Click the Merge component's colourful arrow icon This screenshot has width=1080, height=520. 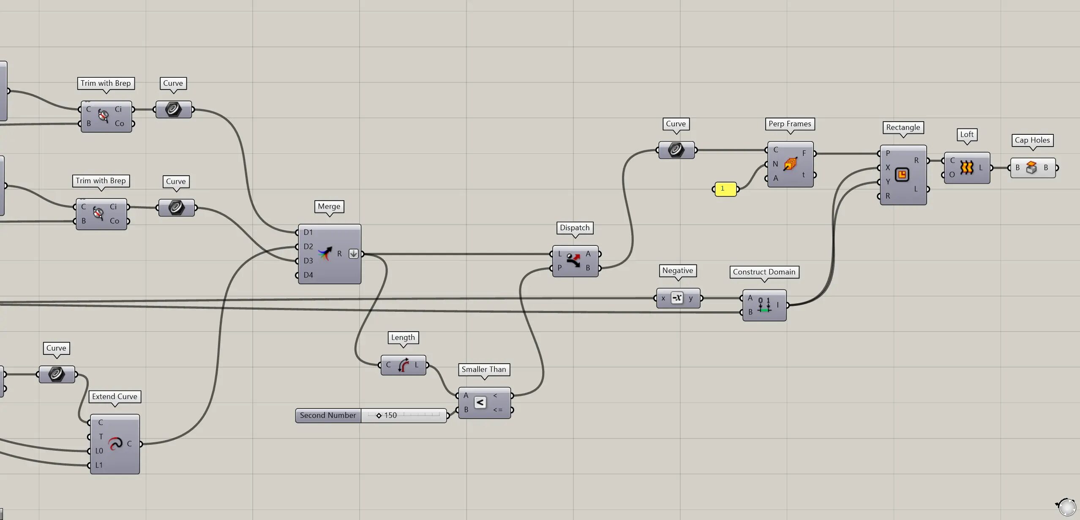coord(325,253)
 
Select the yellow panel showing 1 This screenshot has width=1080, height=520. coord(725,189)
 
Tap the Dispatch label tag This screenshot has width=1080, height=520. coord(575,228)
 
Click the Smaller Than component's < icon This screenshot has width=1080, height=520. coord(480,403)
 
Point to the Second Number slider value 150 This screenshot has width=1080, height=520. coord(390,415)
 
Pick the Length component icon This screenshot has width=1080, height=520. coord(404,365)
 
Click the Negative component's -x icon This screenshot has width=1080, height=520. coord(677,298)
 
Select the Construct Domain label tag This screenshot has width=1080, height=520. coord(764,272)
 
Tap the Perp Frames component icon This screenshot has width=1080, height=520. coord(790,164)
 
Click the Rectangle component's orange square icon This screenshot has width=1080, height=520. coord(902,174)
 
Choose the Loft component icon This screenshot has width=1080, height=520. coord(966,167)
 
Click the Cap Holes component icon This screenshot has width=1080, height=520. coord(1031,168)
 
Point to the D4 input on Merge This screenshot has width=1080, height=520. coord(308,275)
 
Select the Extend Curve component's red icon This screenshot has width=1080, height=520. coord(115,444)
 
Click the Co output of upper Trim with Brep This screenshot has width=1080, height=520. coord(120,123)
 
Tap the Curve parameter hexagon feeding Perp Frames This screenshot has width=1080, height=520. coord(676,150)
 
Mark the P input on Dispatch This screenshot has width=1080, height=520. coord(559,268)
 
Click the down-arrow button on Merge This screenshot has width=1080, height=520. coord(354,253)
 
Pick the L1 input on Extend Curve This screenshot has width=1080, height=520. coord(99,465)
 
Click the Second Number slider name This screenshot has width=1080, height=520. coord(328,415)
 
